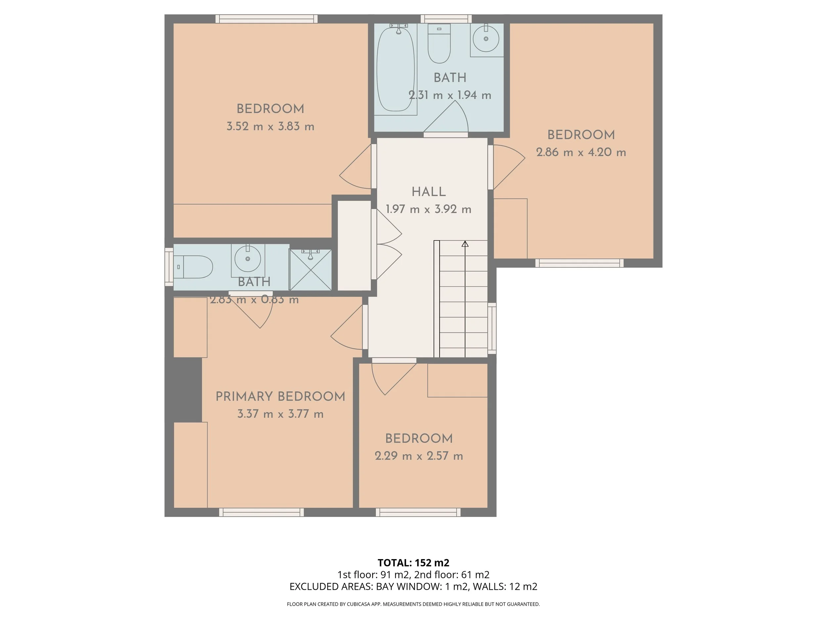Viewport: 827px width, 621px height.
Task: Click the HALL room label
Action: tap(428, 192)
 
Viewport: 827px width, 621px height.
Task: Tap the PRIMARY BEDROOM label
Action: tap(281, 396)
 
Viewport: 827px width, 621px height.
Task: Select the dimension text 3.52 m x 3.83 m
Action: tap(270, 127)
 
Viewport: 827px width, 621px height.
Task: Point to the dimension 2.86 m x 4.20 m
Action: tap(581, 152)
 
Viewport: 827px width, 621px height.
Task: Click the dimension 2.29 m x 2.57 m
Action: tap(419, 456)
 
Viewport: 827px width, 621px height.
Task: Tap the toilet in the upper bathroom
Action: tap(439, 43)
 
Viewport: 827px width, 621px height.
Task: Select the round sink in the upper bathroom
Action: tap(486, 38)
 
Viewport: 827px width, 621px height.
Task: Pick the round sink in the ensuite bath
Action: tap(247, 259)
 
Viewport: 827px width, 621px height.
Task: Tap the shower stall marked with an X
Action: tap(311, 270)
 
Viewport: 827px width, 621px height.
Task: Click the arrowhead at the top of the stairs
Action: tap(465, 244)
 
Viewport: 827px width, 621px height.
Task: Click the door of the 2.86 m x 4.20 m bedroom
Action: tap(508, 167)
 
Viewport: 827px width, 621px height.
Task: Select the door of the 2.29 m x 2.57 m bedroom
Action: tap(394, 377)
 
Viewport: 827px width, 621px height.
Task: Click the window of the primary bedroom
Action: tap(261, 512)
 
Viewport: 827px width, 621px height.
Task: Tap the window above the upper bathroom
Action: tap(446, 19)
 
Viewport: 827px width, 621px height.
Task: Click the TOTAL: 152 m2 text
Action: tap(413, 563)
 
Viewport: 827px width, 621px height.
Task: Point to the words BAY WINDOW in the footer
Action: tap(409, 587)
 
